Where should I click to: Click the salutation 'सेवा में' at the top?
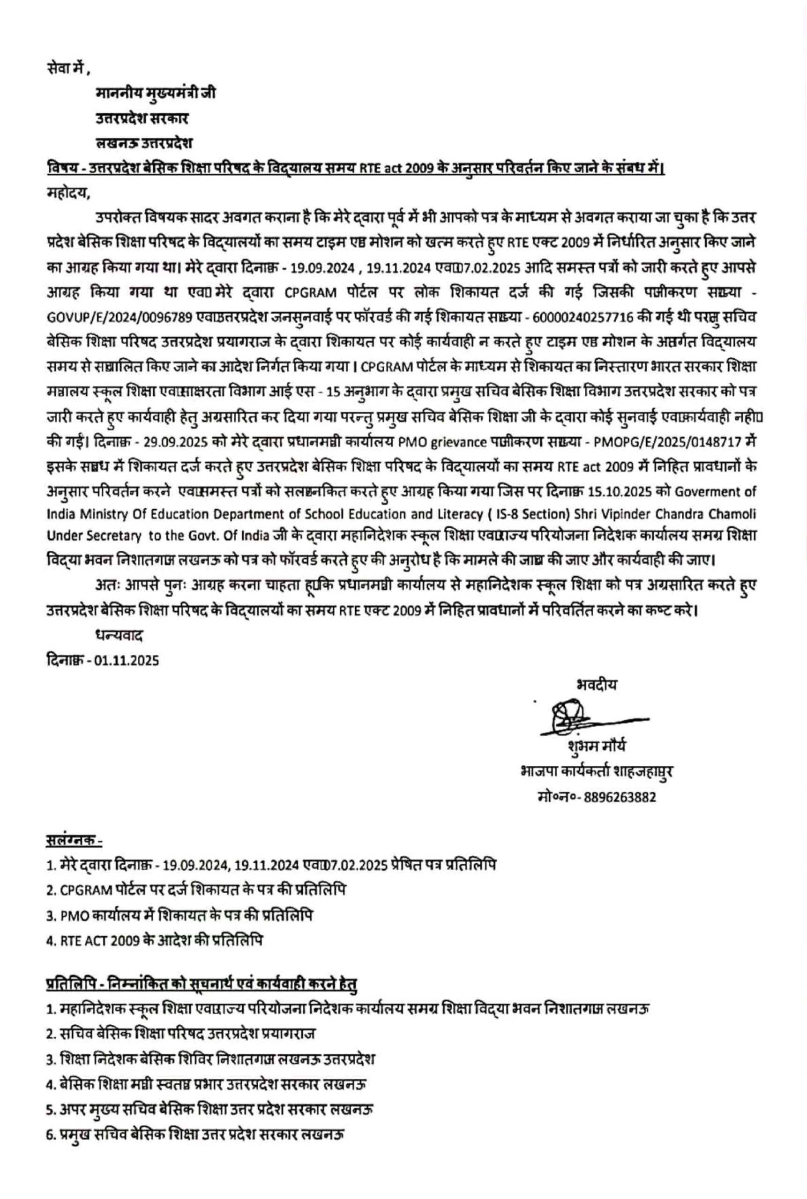click(x=67, y=67)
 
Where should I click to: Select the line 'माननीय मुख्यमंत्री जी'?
click(x=156, y=93)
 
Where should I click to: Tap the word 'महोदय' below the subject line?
click(x=67, y=194)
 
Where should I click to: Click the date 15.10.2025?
click(x=632, y=491)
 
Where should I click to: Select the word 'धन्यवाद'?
click(x=119, y=636)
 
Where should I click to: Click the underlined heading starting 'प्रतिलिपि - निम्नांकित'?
click(x=201, y=984)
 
